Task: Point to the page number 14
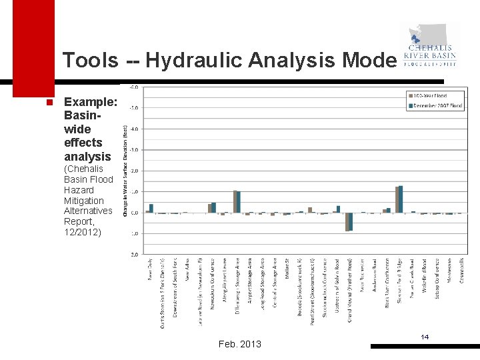(425, 337)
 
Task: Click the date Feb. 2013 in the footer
(240, 344)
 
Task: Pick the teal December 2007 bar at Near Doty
(151, 208)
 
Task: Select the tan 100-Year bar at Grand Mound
(347, 222)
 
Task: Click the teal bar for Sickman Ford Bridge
(401, 199)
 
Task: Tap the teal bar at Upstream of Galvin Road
(339, 209)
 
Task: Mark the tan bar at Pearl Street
(310, 209)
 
